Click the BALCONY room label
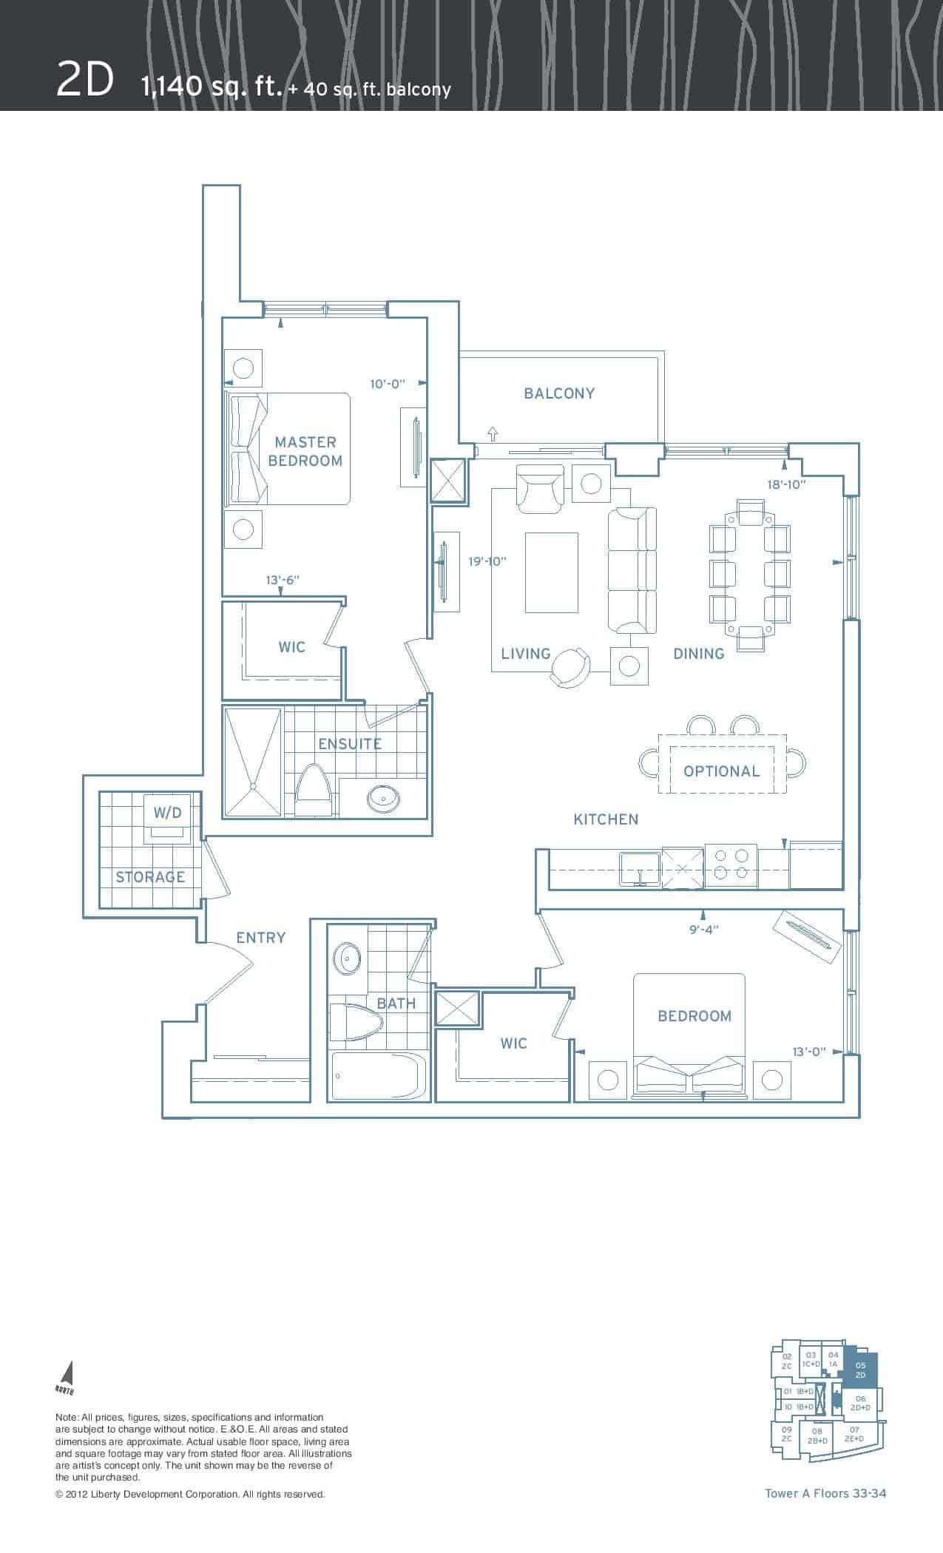[559, 393]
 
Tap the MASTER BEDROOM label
[305, 451]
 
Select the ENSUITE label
[350, 743]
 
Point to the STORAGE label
[150, 877]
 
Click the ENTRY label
[260, 938]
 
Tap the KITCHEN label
[606, 819]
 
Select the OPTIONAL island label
[722, 771]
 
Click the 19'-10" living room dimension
[487, 561]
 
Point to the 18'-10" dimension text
[786, 484]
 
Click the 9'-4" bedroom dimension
[703, 930]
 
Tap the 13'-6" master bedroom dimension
[284, 581]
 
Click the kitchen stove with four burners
[731, 865]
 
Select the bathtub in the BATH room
[379, 1077]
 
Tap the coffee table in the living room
[552, 572]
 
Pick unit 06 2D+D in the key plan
[860, 1404]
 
